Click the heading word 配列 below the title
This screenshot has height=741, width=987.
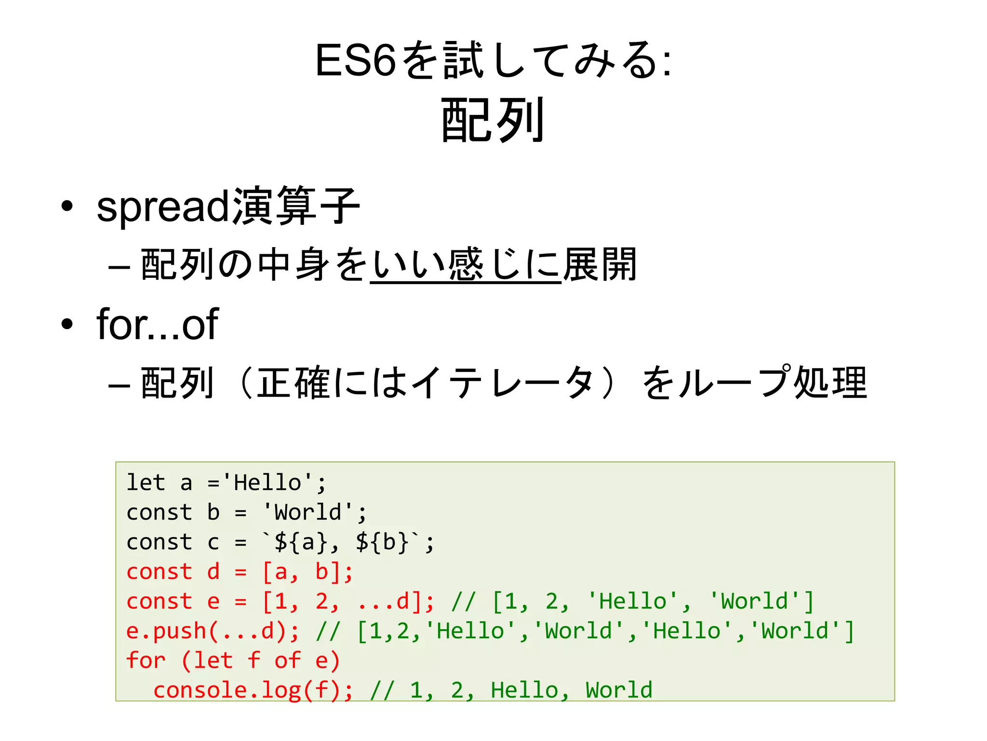pyautogui.click(x=493, y=120)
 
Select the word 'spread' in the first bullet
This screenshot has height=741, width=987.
pyautogui.click(x=163, y=206)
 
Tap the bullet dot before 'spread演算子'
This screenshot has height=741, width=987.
pyautogui.click(x=67, y=206)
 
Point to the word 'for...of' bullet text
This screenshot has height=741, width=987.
pyautogui.click(x=158, y=324)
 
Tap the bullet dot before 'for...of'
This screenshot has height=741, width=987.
pyautogui.click(x=67, y=324)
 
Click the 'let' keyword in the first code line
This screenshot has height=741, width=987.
pyautogui.click(x=146, y=482)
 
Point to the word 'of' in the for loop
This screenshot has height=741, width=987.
pyautogui.click(x=288, y=661)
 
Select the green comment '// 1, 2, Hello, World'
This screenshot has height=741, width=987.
pyautogui.click(x=511, y=690)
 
